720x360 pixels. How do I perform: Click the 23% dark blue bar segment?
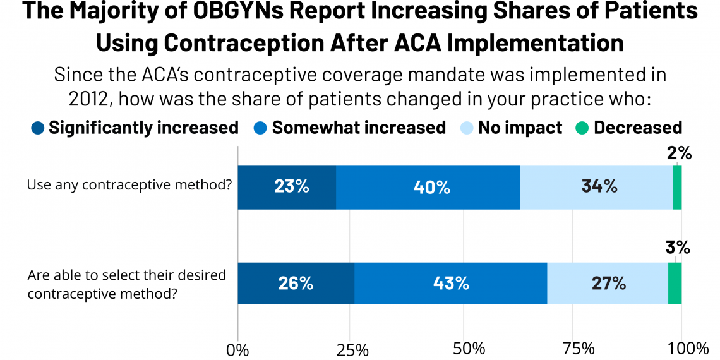point(287,188)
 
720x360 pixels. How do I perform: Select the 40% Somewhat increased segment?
point(428,188)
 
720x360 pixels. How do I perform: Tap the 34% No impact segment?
point(596,188)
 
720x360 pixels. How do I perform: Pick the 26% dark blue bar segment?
point(296,284)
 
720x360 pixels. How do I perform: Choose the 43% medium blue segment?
point(450,284)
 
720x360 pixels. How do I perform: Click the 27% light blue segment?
point(608,284)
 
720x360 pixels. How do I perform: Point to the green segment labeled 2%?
point(677,188)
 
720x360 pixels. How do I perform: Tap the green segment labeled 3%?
point(675,284)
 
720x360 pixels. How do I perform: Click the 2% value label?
point(679,153)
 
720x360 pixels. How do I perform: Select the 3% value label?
point(678,248)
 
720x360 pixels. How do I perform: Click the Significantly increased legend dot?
point(38,128)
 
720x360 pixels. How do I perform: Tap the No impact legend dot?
point(467,128)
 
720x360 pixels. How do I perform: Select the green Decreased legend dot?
point(582,128)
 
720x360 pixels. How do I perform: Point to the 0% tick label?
point(238,348)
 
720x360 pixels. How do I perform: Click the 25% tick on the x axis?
point(352,348)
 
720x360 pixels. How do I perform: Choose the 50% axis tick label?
point(464,348)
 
